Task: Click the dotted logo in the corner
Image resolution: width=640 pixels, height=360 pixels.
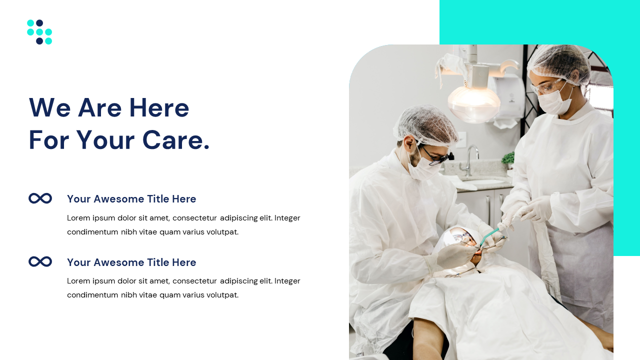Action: tap(39, 32)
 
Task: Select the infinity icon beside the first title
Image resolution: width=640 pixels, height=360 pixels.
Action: tap(40, 198)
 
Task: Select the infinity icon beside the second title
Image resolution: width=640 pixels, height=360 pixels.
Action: tap(40, 261)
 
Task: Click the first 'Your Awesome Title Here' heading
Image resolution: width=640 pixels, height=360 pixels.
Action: tap(131, 199)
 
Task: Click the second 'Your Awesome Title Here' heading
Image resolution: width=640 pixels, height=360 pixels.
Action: tap(131, 262)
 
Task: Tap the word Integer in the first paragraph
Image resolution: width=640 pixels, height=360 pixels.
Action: tap(287, 218)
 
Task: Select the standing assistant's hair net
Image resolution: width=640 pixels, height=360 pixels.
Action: tap(559, 62)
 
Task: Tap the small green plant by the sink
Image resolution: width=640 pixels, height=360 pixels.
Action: tap(508, 159)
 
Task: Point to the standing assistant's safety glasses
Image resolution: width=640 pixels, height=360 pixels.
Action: tap(549, 87)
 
